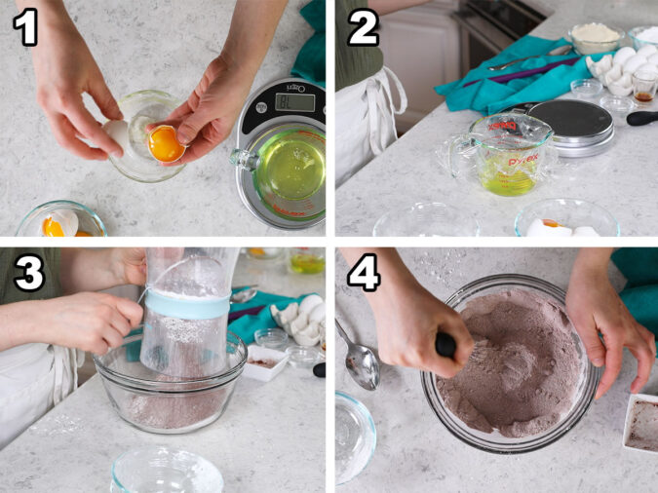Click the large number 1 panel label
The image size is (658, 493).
point(25,26)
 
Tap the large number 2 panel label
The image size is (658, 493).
point(364,26)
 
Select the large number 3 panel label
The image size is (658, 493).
point(28,273)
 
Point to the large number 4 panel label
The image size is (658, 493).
point(364,273)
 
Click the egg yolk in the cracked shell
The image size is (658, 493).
point(165,144)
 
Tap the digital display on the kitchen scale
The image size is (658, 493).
point(294,102)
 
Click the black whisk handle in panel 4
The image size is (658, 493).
point(445,345)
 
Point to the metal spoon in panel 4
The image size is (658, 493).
point(360,358)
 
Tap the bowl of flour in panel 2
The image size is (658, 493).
point(595,37)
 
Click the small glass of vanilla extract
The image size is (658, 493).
point(644,87)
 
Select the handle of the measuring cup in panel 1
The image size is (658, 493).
point(243,160)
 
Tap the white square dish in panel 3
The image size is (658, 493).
point(265,363)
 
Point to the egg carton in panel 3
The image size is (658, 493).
point(299,319)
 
